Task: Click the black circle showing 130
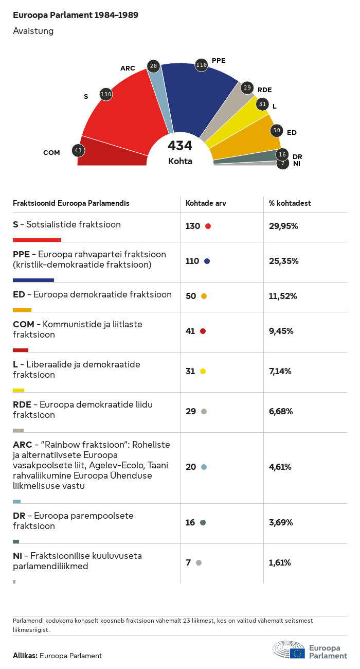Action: pos(106,94)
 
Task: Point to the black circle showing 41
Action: pos(78,151)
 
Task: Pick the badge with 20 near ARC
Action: pos(153,66)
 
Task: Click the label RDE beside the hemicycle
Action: pos(265,90)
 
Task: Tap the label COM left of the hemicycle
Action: pos(51,153)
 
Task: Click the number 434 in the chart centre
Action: pos(180,146)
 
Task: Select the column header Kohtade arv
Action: pos(206,203)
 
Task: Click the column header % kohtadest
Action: pos(290,203)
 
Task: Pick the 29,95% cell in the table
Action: pos(283,226)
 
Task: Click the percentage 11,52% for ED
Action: pos(283,296)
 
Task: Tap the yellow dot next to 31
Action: pos(203,371)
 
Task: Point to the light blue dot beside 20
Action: pos(204,467)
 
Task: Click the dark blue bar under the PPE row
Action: pos(33,280)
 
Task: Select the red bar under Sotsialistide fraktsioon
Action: pos(37,240)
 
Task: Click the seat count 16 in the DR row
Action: pos(190,522)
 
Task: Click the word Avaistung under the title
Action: pos(33,31)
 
